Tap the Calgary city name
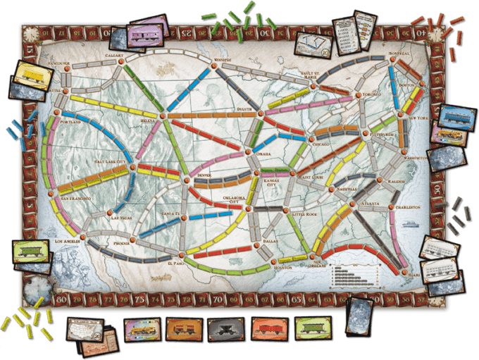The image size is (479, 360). pos(115,54)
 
